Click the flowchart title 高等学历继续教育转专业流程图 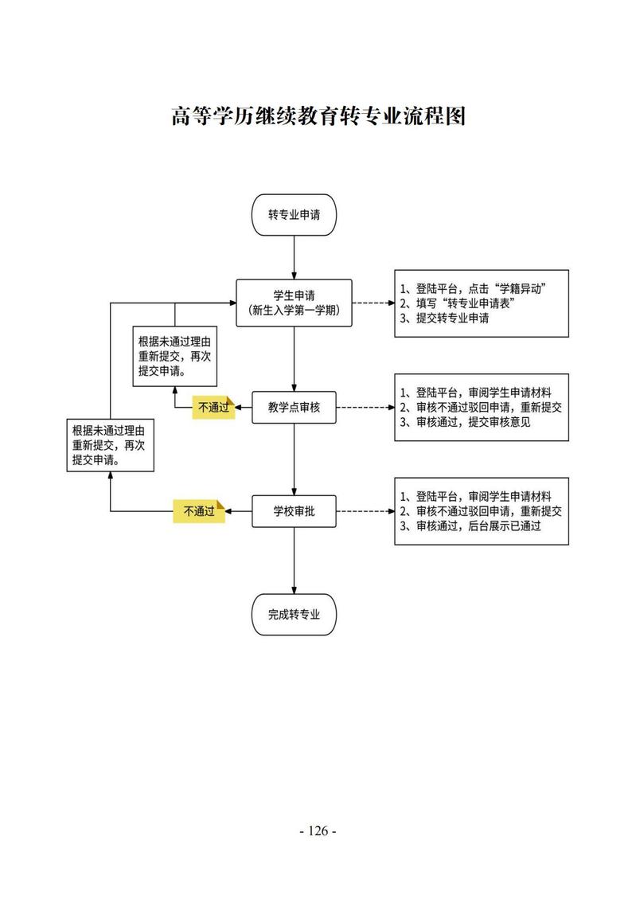pos(318,117)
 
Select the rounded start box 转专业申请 pos(295,215)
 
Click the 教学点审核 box pos(295,407)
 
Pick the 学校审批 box pos(295,511)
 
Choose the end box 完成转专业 pos(295,614)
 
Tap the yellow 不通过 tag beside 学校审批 pos(200,511)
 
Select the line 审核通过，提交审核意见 pos(466,422)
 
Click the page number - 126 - pos(318,831)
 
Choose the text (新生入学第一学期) pos(295,311)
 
